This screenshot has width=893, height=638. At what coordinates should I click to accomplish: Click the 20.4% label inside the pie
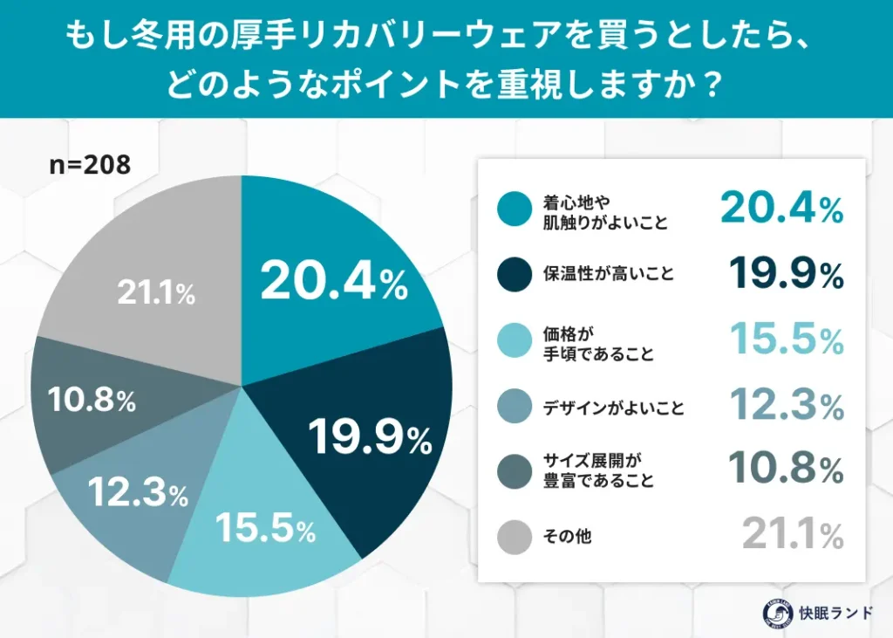click(x=334, y=281)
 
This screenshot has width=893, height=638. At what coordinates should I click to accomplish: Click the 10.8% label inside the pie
click(x=91, y=400)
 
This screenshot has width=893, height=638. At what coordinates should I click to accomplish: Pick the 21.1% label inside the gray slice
click(x=155, y=294)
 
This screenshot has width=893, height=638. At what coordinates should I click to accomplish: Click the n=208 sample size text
click(x=89, y=164)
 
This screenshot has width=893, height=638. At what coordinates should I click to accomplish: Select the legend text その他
click(x=568, y=536)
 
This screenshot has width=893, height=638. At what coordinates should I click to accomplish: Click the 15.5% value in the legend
click(x=785, y=340)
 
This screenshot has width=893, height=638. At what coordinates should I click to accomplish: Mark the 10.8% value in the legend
click(x=785, y=470)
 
